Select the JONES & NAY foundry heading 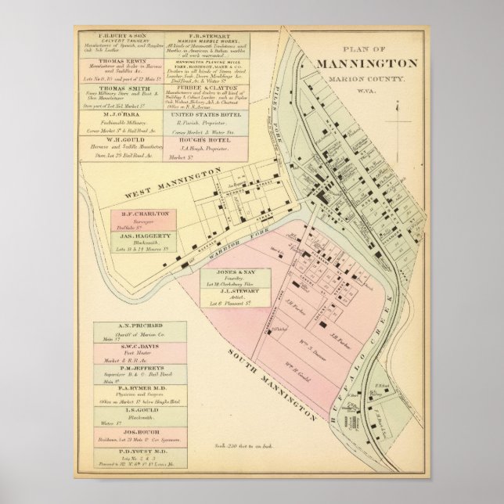click(x=236, y=274)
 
